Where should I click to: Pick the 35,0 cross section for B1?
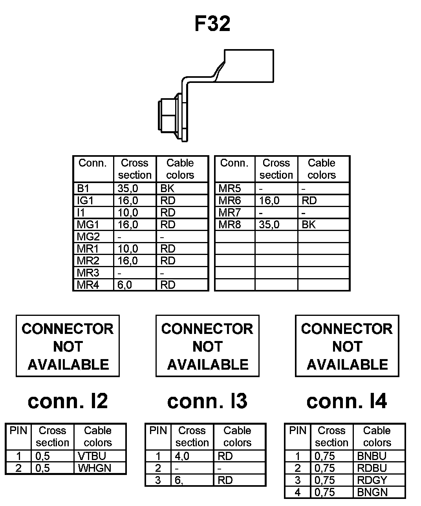(x=128, y=188)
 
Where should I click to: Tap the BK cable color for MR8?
(x=309, y=225)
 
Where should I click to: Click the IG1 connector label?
(x=85, y=200)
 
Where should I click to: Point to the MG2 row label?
(x=88, y=237)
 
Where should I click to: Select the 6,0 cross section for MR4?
(x=125, y=285)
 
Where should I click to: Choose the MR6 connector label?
(x=230, y=200)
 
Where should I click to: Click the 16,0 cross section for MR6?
(x=269, y=200)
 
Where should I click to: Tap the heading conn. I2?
(x=68, y=401)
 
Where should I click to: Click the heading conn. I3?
(x=207, y=401)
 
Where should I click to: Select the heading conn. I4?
(x=347, y=401)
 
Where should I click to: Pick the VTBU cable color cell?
(x=92, y=456)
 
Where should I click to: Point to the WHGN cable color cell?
(x=94, y=468)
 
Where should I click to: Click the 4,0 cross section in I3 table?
(x=182, y=456)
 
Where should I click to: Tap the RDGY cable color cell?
(x=372, y=480)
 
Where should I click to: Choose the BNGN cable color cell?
(x=372, y=492)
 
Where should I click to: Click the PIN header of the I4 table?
(x=297, y=431)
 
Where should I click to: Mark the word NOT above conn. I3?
(x=207, y=346)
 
